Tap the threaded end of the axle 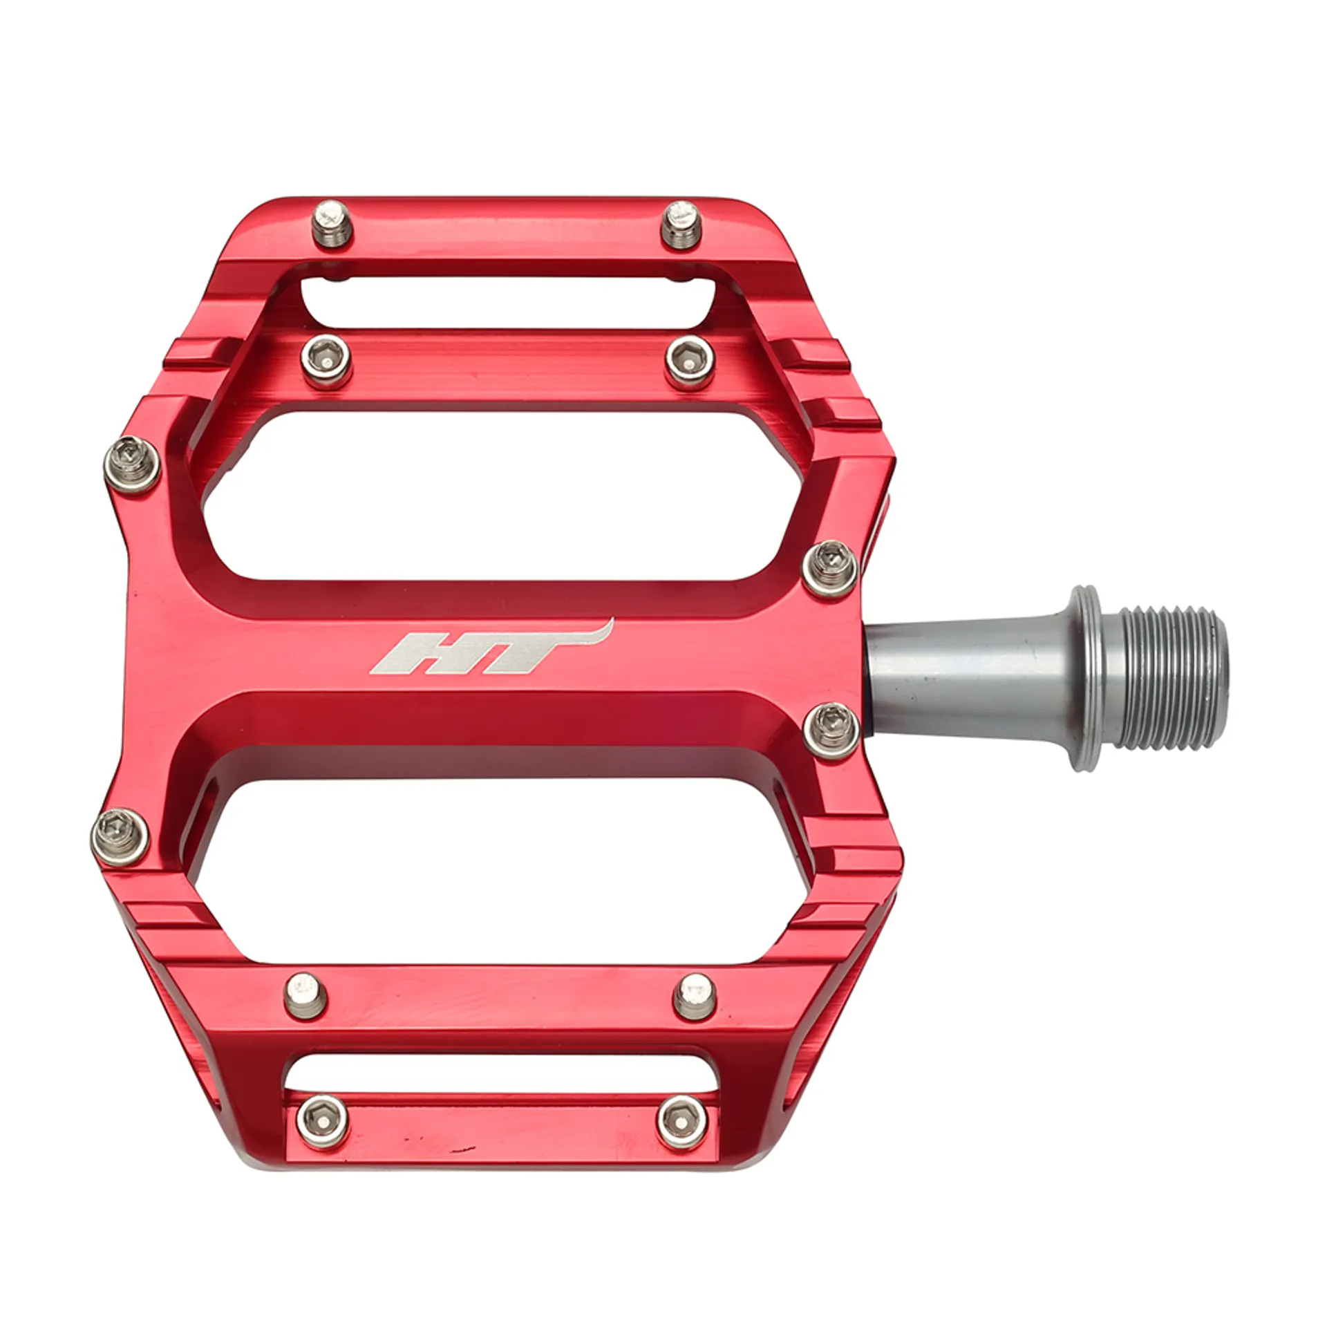click(x=1173, y=679)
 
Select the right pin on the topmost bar click(x=681, y=225)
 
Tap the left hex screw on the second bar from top click(x=326, y=360)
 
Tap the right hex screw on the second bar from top click(x=690, y=362)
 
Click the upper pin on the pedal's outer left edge click(x=132, y=464)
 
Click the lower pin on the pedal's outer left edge click(x=120, y=836)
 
